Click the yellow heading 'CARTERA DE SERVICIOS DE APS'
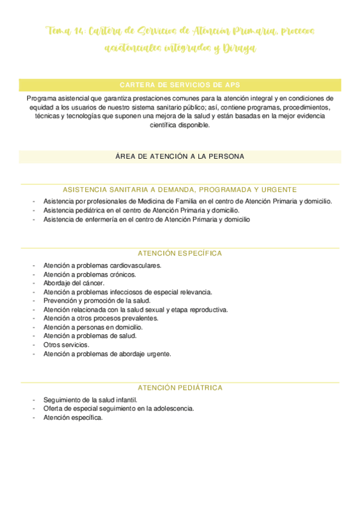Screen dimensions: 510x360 click(x=180, y=85)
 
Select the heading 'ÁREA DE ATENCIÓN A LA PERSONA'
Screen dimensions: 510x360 click(x=180, y=156)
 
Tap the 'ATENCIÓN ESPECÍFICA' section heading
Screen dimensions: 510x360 click(x=180, y=253)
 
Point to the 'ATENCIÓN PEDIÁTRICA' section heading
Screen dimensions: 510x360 click(x=180, y=388)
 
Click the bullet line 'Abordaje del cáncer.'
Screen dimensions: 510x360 click(x=74, y=283)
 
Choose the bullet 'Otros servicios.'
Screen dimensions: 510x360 click(x=66, y=345)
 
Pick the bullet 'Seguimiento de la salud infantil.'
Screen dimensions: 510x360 click(x=90, y=399)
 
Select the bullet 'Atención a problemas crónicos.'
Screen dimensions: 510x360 click(x=90, y=274)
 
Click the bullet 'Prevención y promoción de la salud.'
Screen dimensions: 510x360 click(x=97, y=301)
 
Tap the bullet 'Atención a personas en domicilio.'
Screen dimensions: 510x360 click(x=93, y=327)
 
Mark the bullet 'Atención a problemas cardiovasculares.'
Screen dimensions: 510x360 click(x=102, y=265)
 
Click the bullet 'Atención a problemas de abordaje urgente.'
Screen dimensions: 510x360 click(x=107, y=354)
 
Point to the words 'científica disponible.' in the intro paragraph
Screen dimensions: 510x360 click(x=180, y=125)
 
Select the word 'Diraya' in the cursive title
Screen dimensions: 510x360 click(x=240, y=49)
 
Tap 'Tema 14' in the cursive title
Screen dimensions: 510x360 click(x=65, y=31)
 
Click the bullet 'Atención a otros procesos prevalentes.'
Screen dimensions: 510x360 click(x=101, y=318)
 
